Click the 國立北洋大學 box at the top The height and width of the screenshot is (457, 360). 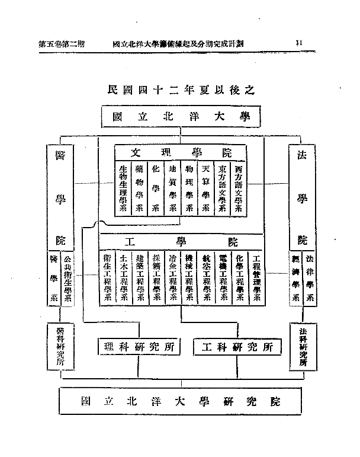181,117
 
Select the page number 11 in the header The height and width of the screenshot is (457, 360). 299,43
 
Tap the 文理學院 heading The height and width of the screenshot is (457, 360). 180,151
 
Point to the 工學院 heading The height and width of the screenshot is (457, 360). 181,242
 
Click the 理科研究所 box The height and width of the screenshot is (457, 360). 139,347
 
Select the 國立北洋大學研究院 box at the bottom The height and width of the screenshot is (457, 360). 180,401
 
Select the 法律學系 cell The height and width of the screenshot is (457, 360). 309,279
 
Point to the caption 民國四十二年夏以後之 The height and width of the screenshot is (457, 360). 181,91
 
